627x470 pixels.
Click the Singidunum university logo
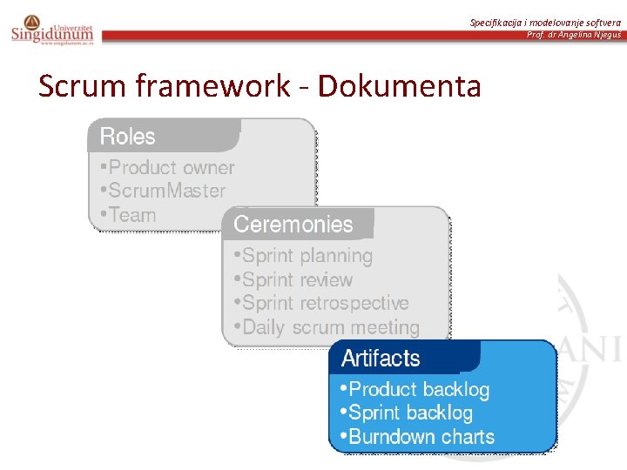51,30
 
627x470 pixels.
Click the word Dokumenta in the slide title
399,86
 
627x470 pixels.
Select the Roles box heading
127,137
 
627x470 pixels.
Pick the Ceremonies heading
293,225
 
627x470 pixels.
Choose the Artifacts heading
381,359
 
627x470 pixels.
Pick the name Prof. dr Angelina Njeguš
574,35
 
